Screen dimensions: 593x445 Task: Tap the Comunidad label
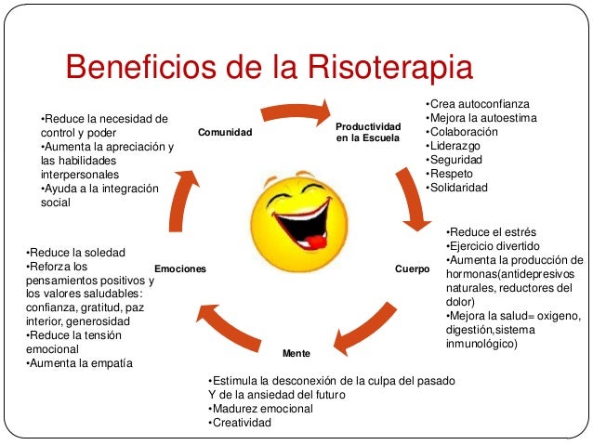pyautogui.click(x=225, y=133)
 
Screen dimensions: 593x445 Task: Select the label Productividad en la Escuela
pyautogui.click(x=368, y=132)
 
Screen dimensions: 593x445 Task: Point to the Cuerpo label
pyautogui.click(x=412, y=269)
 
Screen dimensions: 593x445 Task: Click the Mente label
pyautogui.click(x=296, y=355)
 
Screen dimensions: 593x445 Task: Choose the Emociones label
pyautogui.click(x=179, y=269)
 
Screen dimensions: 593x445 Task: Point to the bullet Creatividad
pyautogui.click(x=240, y=423)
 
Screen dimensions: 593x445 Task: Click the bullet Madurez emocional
pyautogui.click(x=261, y=409)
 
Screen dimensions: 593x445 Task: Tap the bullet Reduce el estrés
pyautogui.click(x=491, y=231)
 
